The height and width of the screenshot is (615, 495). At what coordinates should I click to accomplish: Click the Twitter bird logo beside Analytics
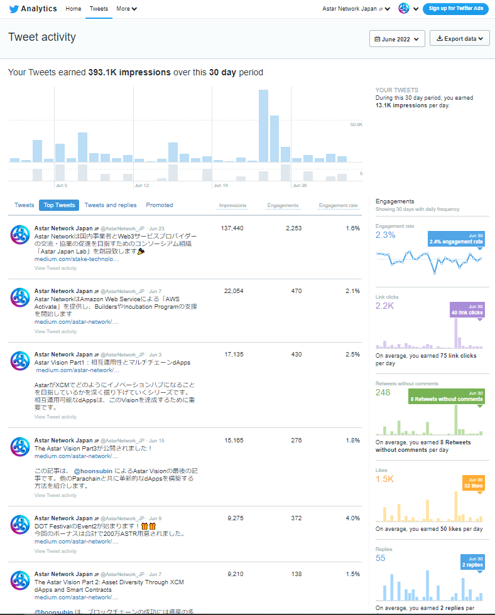coord(14,9)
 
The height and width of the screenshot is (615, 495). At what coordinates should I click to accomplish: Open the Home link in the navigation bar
coord(73,9)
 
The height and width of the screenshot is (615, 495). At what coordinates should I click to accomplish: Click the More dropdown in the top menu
coord(126,9)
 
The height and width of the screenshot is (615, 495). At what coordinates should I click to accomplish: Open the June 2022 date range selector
coord(397,39)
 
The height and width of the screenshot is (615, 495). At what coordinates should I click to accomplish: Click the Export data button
coord(459,39)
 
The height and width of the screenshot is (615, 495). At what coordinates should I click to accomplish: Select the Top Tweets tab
coord(59,205)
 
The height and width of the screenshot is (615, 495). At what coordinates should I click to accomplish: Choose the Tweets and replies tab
coord(111,205)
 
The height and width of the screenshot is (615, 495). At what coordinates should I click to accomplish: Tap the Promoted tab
coord(160,205)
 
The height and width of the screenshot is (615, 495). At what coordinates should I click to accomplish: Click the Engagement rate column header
coord(338,205)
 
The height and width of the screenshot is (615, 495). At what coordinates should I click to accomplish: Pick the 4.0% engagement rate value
coord(352,518)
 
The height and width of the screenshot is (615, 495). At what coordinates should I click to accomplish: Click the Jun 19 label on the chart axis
coord(220,186)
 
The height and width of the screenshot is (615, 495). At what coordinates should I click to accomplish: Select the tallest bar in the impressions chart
coord(264,126)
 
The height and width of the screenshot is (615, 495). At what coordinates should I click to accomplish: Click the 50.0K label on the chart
coord(356,125)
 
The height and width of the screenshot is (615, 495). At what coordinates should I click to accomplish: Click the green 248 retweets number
coord(383,393)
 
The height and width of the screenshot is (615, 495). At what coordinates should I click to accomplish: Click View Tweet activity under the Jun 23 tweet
coord(55,268)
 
